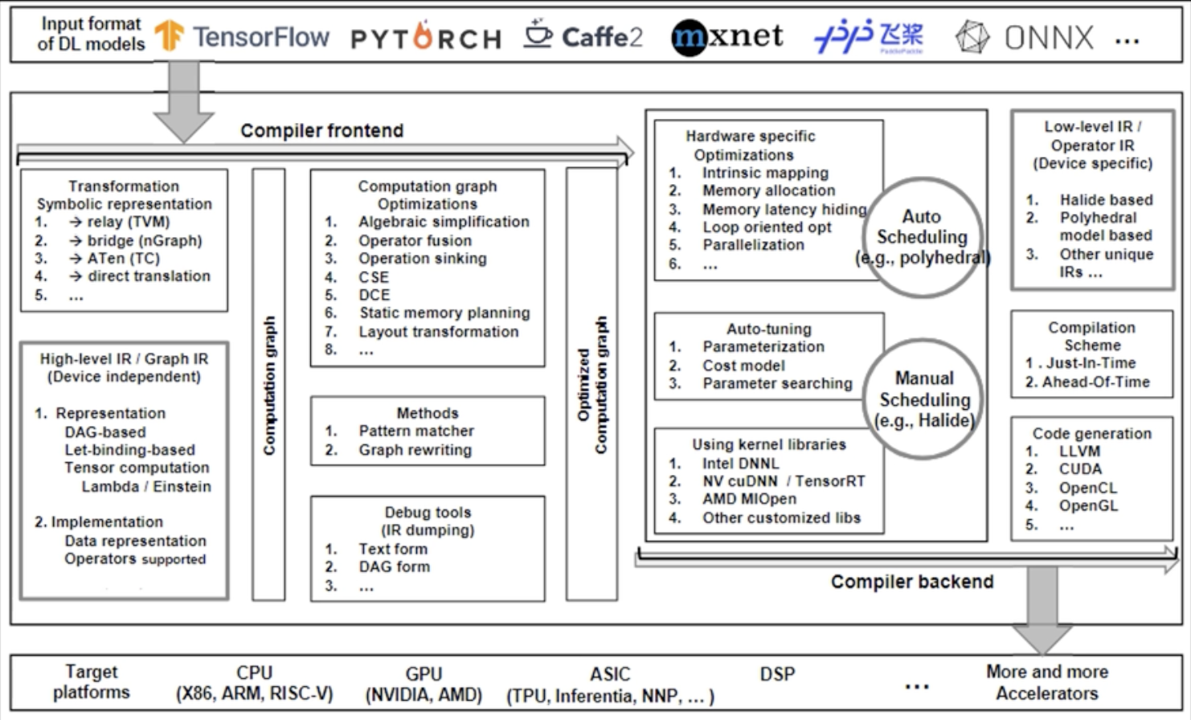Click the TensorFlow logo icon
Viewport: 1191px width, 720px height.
coord(169,35)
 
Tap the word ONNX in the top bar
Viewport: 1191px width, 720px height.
coord(1049,37)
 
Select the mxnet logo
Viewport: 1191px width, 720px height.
coord(727,36)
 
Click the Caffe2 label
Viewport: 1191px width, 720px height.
coord(602,37)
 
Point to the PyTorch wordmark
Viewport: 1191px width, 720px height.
coord(426,39)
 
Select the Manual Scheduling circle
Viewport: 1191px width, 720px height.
coord(924,399)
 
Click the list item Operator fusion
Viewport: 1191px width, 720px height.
coord(415,240)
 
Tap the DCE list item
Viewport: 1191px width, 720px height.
coord(374,295)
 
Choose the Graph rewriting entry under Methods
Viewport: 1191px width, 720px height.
coord(415,450)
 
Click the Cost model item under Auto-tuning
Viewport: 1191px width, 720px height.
coord(743,366)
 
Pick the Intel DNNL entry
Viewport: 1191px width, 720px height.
coord(740,463)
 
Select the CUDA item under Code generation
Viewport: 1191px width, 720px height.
coord(1080,468)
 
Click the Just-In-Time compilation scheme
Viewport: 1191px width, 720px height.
coord(1091,363)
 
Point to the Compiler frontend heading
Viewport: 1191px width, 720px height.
coord(321,130)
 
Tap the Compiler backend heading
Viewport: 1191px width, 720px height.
coord(912,582)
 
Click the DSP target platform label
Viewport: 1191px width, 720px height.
coord(777,674)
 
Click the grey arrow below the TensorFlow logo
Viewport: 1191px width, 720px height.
coord(184,100)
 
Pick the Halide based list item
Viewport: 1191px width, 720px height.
coord(1106,199)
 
